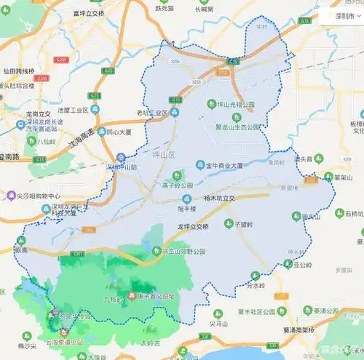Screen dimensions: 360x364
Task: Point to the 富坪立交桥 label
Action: click(89, 13)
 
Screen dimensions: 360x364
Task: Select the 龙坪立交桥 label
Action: click(198, 226)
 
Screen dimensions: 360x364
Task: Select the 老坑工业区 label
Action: click(152, 113)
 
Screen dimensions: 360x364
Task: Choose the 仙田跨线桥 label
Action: click(19, 71)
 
